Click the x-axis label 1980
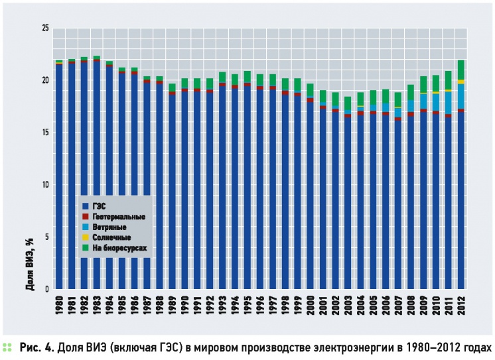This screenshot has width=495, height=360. tap(58, 305)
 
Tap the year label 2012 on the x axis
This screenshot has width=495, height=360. tap(461, 305)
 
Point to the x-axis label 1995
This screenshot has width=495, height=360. tap(247, 305)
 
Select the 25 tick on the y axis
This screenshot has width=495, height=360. tap(46, 29)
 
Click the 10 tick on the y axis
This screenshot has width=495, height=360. tap(46, 184)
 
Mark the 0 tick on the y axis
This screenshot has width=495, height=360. tap(47, 289)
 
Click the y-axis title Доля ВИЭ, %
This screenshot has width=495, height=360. tap(30, 264)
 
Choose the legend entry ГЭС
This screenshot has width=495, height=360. tap(99, 206)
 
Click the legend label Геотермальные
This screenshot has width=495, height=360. tap(119, 217)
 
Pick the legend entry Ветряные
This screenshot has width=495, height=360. tap(109, 227)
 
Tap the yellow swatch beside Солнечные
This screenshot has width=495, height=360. tap(85, 237)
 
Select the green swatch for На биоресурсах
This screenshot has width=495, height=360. tap(85, 248)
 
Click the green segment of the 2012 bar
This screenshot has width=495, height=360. tap(461, 70)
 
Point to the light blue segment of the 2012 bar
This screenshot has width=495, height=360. tap(461, 97)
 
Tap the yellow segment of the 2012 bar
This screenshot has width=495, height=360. tap(461, 82)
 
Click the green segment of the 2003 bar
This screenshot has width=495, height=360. tap(348, 103)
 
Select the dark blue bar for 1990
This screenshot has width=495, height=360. tap(184, 190)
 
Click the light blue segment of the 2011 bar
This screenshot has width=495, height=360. tap(449, 103)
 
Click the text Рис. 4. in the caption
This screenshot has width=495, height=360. tap(36, 347)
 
